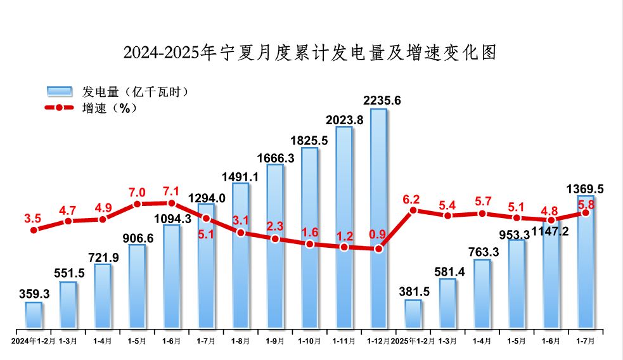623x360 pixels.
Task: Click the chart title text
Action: point(310,52)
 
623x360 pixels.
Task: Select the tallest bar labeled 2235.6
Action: point(378,219)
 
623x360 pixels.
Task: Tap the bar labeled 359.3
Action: point(34,315)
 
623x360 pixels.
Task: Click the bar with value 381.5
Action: point(413,314)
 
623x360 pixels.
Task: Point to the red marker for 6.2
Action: point(413,210)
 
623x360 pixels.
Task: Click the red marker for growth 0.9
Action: point(378,248)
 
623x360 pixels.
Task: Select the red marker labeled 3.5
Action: point(34,229)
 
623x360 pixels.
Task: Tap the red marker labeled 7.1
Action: point(171,203)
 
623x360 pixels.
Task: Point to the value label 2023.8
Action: point(344,120)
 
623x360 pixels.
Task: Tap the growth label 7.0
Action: point(137,193)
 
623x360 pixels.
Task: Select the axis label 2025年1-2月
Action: point(413,340)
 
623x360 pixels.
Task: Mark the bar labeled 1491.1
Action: point(240,257)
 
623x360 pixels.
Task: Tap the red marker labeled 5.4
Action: point(447,215)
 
